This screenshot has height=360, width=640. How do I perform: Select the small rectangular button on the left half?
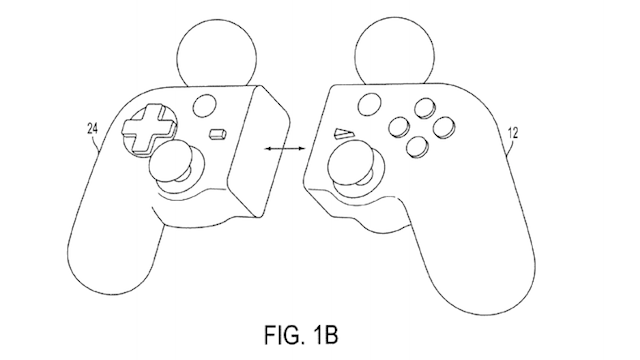coord(216,132)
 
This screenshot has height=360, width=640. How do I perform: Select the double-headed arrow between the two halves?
coord(282,148)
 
